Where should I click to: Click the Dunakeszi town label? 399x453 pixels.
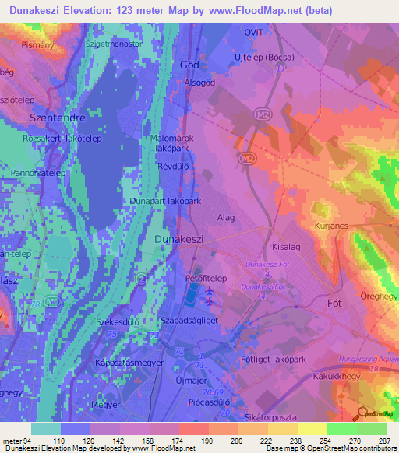[179, 240]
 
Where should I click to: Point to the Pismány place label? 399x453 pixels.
[16, 46]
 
